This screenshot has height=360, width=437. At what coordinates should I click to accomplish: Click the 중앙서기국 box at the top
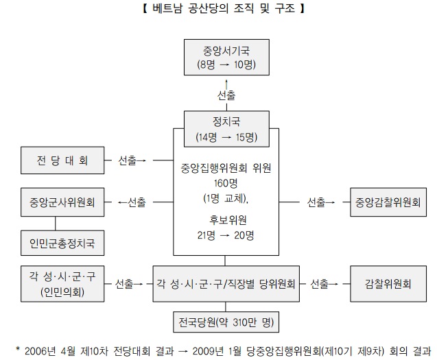[x=226, y=57]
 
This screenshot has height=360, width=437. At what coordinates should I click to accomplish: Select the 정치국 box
[x=226, y=129]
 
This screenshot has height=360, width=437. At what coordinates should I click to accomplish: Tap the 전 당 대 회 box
[x=62, y=160]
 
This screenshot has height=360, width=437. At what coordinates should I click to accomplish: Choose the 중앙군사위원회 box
[x=62, y=202]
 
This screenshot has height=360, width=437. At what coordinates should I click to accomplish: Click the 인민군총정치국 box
[x=62, y=243]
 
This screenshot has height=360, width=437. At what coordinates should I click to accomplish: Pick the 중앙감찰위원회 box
[x=388, y=202]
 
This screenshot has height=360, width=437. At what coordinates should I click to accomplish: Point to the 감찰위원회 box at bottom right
[x=388, y=284]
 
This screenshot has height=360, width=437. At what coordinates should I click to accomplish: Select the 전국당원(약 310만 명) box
[x=226, y=322]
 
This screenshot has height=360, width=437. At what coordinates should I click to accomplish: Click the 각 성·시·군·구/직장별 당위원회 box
[x=226, y=284]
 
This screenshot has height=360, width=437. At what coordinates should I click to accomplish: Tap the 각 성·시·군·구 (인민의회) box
[x=62, y=284]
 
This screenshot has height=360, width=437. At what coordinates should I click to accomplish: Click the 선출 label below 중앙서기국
[x=226, y=95]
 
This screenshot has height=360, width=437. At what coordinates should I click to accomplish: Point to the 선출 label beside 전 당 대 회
[x=128, y=160]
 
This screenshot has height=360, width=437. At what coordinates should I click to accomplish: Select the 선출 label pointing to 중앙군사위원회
[x=137, y=202]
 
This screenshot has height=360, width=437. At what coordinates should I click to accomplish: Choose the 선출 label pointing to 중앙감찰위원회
[x=316, y=202]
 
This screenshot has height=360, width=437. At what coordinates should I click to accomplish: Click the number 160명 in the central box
[x=226, y=183]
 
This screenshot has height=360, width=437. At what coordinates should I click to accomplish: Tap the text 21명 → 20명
[x=226, y=235]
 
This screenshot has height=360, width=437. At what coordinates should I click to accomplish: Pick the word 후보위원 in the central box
[x=228, y=220]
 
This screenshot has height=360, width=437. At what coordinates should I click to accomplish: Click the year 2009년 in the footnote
[x=208, y=351]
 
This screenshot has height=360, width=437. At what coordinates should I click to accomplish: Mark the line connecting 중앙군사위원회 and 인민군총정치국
[x=55, y=224]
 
